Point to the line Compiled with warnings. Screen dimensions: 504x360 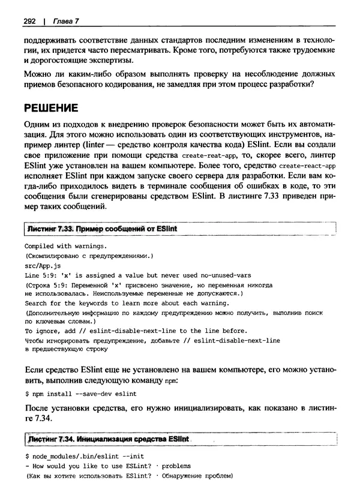coord(66,246)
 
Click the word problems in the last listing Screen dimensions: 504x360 coord(176,466)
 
